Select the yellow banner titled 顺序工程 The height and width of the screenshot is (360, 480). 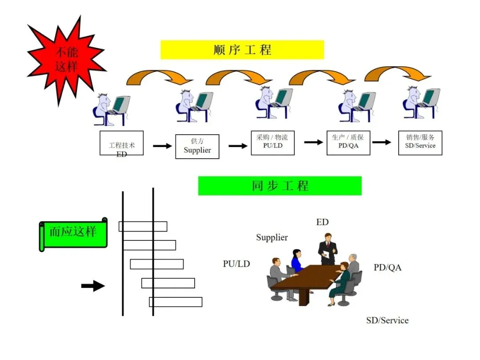tap(242, 50)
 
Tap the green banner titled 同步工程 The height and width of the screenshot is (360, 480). tap(280, 186)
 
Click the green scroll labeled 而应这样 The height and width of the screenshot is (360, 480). tap(73, 233)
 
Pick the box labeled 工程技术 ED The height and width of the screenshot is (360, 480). tap(121, 143)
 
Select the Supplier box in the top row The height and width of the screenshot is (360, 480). tap(197, 146)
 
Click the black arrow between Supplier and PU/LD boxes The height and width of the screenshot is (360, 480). tap(238, 146)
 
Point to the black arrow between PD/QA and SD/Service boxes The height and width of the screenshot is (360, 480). tap(381, 142)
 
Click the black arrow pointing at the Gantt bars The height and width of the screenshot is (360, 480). tap(93, 286)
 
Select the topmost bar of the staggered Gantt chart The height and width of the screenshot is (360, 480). tap(143, 226)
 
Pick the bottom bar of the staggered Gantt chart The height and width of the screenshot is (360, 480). tap(176, 302)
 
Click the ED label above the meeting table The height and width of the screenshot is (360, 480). tap(322, 222)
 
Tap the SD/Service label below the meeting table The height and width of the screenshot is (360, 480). tap(387, 320)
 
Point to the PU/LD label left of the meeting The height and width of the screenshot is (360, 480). tap(236, 264)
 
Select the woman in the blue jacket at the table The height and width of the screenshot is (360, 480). tap(296, 261)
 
